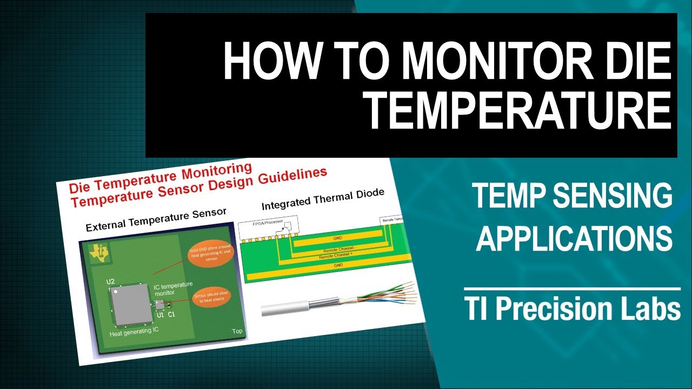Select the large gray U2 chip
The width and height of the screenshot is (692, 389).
[x=129, y=306]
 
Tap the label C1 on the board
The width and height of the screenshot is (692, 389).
[x=172, y=314]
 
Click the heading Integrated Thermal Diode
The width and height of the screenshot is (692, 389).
[x=323, y=199]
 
